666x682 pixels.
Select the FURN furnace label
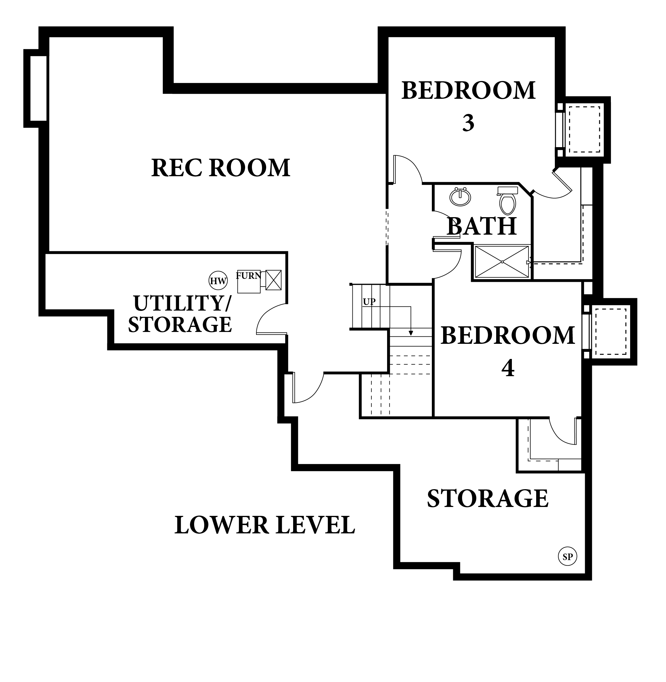point(248,276)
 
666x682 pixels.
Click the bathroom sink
point(460,197)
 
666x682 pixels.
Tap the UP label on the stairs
point(369,302)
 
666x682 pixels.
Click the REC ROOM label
point(221,168)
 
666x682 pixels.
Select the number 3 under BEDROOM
point(468,123)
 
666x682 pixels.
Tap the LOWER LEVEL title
point(265,525)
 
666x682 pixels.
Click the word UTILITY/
point(182,303)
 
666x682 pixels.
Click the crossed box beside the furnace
point(273,280)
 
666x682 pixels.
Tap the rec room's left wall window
point(39,88)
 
